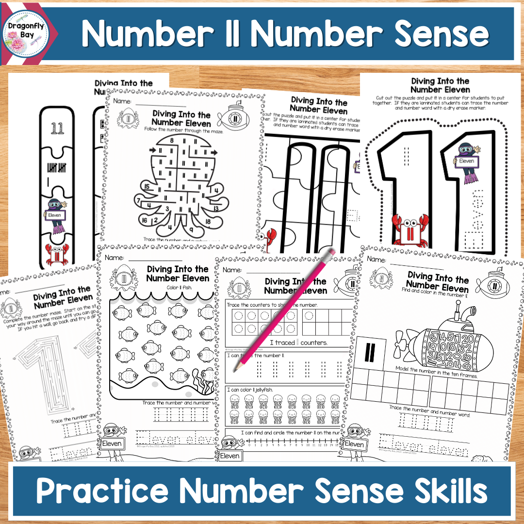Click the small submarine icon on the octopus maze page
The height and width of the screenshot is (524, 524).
point(233,116)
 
